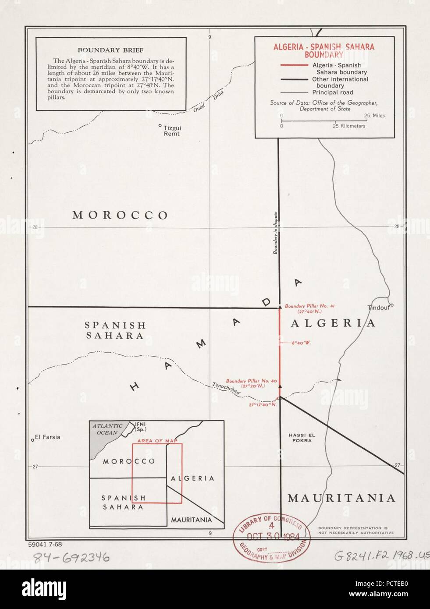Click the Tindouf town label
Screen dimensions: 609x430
point(379,308)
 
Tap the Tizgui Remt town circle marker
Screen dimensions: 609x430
point(160,125)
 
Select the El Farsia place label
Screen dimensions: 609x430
point(48,437)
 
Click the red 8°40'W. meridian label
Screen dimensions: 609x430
point(301,343)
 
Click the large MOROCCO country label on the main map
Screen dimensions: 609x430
point(121,215)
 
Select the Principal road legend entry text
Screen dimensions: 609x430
point(332,92)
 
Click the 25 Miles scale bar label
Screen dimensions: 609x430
point(374,116)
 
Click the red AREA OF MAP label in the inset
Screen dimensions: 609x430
point(157,441)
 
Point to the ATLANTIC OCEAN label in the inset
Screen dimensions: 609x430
point(107,429)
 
